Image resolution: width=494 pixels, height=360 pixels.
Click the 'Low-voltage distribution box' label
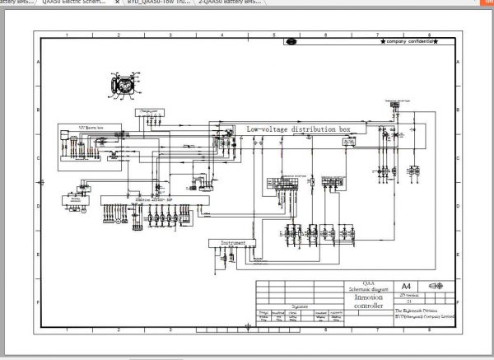(x=299, y=129)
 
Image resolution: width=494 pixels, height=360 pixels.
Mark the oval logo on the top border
(x=291, y=40)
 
